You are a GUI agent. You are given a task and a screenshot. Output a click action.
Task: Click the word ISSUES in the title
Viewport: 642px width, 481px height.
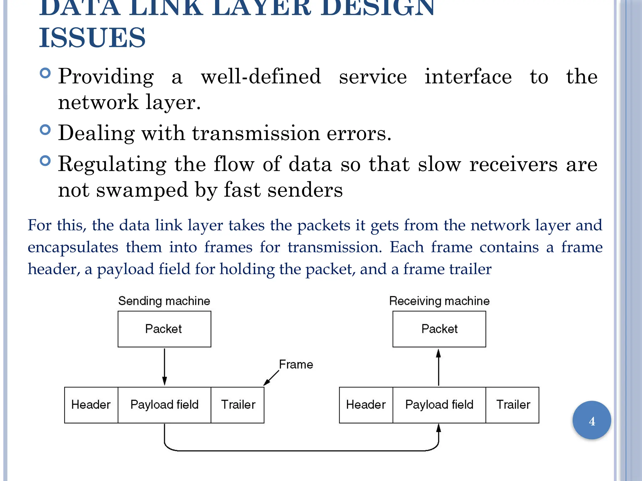(92, 38)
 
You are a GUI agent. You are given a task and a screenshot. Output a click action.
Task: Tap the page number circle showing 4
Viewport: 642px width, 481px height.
(592, 420)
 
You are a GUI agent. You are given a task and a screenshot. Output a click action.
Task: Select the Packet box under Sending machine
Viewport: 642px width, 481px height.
(164, 329)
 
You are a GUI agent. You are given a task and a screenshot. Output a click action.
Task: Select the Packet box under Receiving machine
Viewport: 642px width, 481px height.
(439, 329)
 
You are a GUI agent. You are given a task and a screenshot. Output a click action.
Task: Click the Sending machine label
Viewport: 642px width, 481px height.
(164, 301)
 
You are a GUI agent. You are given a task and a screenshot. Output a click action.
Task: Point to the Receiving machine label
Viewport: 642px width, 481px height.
(439, 301)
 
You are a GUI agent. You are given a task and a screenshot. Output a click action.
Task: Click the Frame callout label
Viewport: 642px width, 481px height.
(296, 365)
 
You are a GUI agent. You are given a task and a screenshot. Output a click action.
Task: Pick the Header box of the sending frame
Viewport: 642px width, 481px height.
(91, 405)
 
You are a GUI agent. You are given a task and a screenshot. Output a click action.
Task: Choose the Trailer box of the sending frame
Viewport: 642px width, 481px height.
(238, 405)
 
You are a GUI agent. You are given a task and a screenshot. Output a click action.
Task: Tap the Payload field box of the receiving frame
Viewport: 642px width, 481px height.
(439, 405)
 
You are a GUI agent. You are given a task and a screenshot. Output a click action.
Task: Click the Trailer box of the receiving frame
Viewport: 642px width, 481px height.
(513, 405)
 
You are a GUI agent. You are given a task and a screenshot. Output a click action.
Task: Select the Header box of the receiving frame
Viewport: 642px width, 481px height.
(366, 405)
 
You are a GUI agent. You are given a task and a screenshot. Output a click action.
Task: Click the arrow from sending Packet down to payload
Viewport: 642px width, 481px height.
(164, 366)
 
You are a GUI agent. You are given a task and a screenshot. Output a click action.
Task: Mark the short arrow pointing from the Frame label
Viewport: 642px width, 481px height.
(271, 378)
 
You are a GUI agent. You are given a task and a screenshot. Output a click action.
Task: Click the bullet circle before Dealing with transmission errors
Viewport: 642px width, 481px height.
(45, 130)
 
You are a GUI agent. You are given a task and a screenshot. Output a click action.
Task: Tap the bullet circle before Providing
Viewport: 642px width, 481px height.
(45, 73)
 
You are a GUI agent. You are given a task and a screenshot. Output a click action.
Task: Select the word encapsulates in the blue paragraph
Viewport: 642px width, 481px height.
(73, 247)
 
